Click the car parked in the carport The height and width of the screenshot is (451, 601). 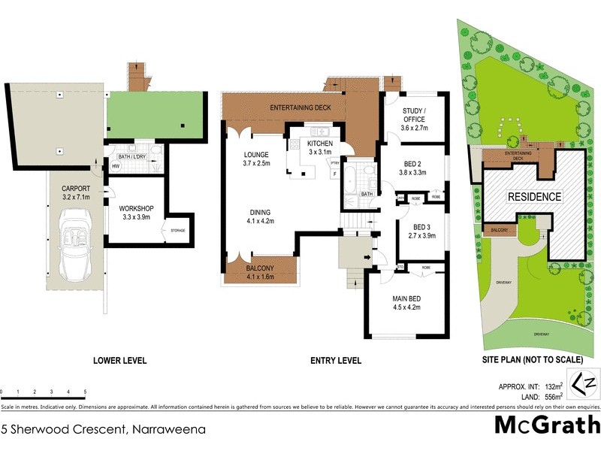point(77,244)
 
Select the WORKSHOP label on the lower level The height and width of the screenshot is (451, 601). point(136,212)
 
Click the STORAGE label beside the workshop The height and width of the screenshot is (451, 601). point(178,231)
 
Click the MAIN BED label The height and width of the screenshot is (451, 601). point(406,301)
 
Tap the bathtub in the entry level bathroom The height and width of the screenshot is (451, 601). point(351,183)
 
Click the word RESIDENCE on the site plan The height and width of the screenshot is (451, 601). point(534,197)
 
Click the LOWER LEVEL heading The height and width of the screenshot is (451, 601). point(119,361)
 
